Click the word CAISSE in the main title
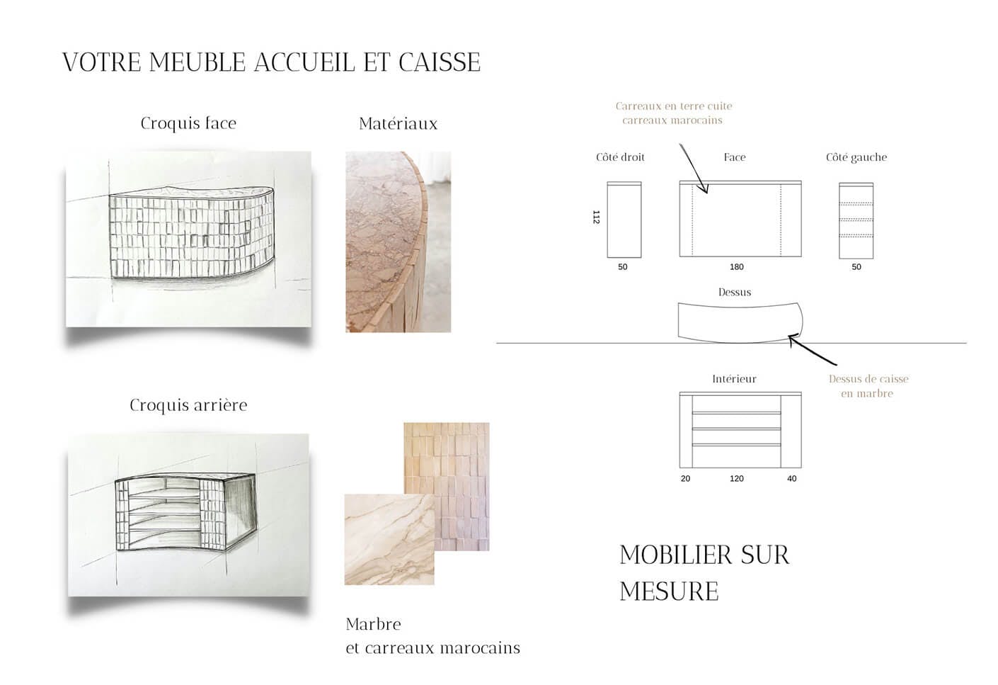tap(439, 62)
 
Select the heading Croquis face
tap(188, 123)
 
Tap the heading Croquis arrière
tap(188, 405)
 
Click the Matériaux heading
tap(398, 124)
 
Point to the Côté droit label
tap(620, 157)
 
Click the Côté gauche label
tap(856, 157)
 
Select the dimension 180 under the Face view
tap(736, 267)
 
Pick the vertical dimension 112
tap(596, 217)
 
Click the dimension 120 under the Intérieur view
tap(736, 479)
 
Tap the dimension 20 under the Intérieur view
tap(685, 479)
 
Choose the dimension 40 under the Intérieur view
tap(791, 479)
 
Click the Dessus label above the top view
tap(734, 292)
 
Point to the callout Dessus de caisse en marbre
tap(868, 386)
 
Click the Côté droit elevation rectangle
tap(624, 220)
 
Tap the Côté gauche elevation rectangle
tap(856, 220)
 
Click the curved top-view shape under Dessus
tap(739, 322)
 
